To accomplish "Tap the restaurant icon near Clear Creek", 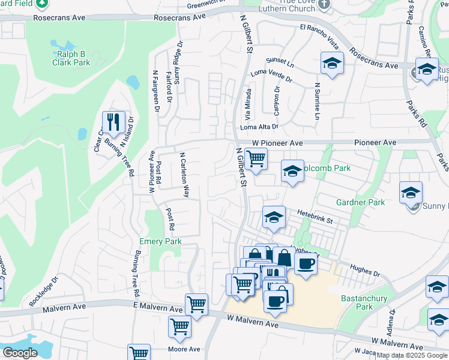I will point(113,122).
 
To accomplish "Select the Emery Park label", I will point(160,241).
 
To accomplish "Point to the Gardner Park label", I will point(360,202).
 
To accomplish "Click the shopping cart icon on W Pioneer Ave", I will point(256,159).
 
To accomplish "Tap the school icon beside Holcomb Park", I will point(292,172).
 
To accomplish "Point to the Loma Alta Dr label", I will point(259,127).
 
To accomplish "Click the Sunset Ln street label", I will point(280,62).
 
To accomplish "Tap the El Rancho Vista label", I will point(320,37).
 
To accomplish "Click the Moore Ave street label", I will point(184,349).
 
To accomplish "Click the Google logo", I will point(20,353).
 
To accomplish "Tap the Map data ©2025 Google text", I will point(412,355).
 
